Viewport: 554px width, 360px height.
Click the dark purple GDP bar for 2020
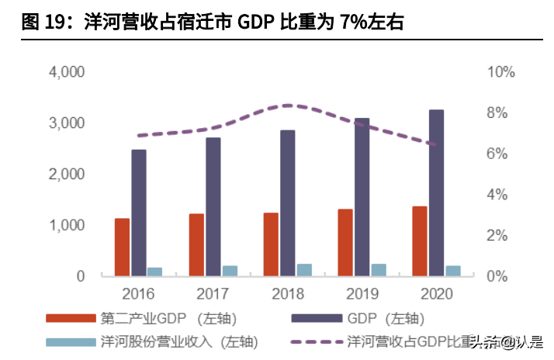[x=436, y=192]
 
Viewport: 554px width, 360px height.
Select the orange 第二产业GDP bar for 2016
[x=123, y=247]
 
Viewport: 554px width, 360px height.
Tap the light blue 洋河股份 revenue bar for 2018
[x=304, y=269]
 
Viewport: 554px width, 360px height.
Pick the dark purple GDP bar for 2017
[x=213, y=206]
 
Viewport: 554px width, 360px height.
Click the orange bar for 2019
[x=345, y=242]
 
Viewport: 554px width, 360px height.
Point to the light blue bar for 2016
[x=155, y=272]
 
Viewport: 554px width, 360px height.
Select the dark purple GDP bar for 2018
[x=288, y=202]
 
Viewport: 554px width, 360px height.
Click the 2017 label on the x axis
[x=213, y=294]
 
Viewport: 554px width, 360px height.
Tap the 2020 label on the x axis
[x=436, y=294]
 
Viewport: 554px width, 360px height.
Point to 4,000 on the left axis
[x=67, y=72]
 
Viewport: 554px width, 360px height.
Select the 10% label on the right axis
[x=500, y=72]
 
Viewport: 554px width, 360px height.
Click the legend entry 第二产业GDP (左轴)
[x=168, y=318]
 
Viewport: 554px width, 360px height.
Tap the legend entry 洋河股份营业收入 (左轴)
[x=178, y=341]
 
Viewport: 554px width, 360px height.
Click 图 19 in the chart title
[x=40, y=23]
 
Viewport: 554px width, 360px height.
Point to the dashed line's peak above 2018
[x=288, y=105]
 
